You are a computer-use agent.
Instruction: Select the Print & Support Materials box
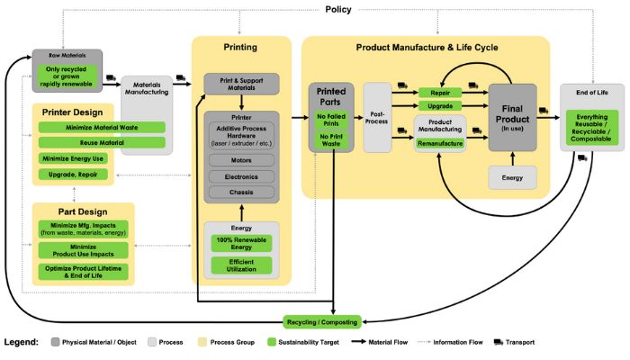tap(239, 84)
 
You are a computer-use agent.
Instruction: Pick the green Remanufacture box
tap(440, 143)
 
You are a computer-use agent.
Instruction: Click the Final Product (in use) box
tap(512, 120)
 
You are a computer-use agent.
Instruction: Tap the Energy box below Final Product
tap(512, 178)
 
